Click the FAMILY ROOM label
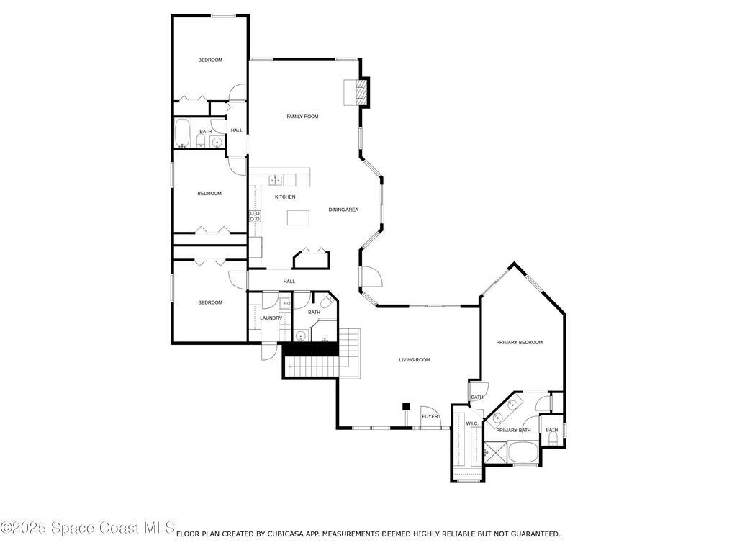pos(302,116)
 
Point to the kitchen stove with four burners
pos(255,215)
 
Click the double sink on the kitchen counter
pos(276,180)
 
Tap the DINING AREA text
pos(343,210)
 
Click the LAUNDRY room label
pos(271,318)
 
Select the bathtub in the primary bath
pos(522,453)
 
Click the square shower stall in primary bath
pos(495,452)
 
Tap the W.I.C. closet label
pos(472,423)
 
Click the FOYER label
pos(430,416)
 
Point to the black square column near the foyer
pos(406,407)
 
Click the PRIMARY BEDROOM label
pos(519,342)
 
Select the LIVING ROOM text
pos(415,359)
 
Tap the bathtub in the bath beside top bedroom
pos(182,133)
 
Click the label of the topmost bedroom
pos(210,60)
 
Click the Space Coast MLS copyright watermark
pos(87,529)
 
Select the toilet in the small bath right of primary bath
pos(553,439)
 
